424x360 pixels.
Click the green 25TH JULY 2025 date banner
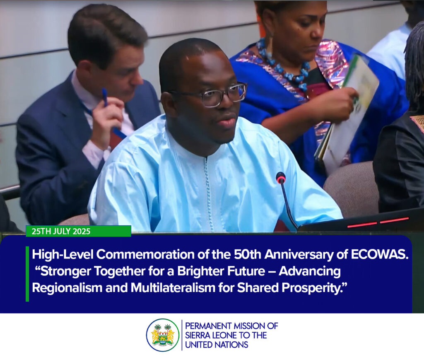pyautogui.click(x=78, y=231)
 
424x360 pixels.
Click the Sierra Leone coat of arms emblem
pyautogui.click(x=162, y=335)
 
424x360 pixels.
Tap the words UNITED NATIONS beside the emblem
pyautogui.click(x=217, y=345)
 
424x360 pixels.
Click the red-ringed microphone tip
pyautogui.click(x=281, y=178)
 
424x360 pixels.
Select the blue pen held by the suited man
pyautogui.click(x=104, y=97)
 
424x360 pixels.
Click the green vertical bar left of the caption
pyautogui.click(x=27, y=274)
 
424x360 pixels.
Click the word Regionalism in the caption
pyautogui.click(x=67, y=288)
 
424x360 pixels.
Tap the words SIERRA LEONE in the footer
pyautogui.click(x=211, y=336)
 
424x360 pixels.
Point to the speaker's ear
pyautogui.click(x=166, y=104)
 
